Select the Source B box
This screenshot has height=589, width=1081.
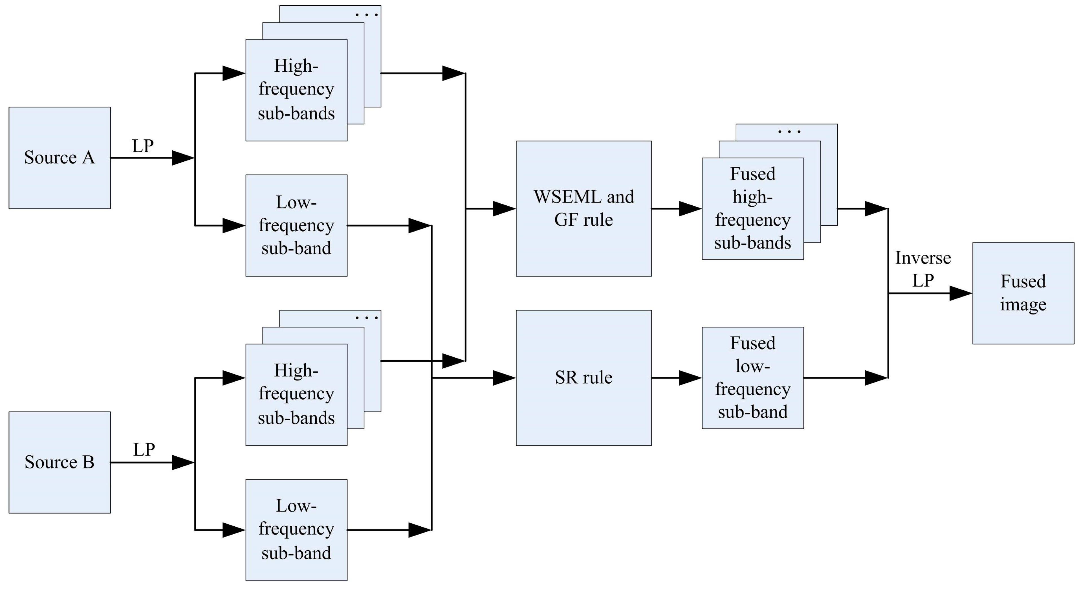point(60,462)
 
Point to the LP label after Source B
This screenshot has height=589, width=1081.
point(144,450)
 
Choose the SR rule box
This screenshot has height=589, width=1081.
point(583,377)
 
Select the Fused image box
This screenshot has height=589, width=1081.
point(1023,293)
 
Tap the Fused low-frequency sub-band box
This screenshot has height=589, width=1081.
point(752,377)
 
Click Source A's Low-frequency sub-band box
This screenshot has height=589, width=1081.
point(296,225)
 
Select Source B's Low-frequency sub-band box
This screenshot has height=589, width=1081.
point(296,530)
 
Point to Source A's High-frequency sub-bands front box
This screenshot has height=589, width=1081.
point(296,90)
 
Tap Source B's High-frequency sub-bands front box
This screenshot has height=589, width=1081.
point(296,395)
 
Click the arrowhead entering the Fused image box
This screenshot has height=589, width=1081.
point(961,293)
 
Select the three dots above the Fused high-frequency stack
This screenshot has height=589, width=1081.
point(789,132)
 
